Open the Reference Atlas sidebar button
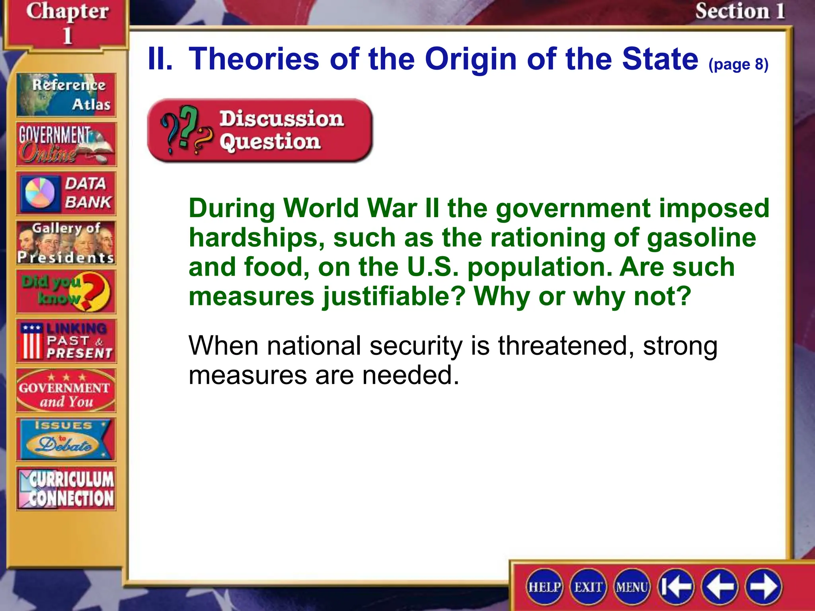(66, 95)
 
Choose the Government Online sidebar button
(66, 144)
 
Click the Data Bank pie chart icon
(40, 193)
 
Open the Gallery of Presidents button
(66, 243)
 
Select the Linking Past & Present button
(66, 341)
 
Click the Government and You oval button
(66, 390)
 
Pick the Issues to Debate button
(66, 440)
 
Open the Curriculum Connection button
(66, 489)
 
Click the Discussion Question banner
(259, 130)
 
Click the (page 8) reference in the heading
(738, 64)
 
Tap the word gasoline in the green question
(702, 238)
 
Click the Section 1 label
(740, 11)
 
